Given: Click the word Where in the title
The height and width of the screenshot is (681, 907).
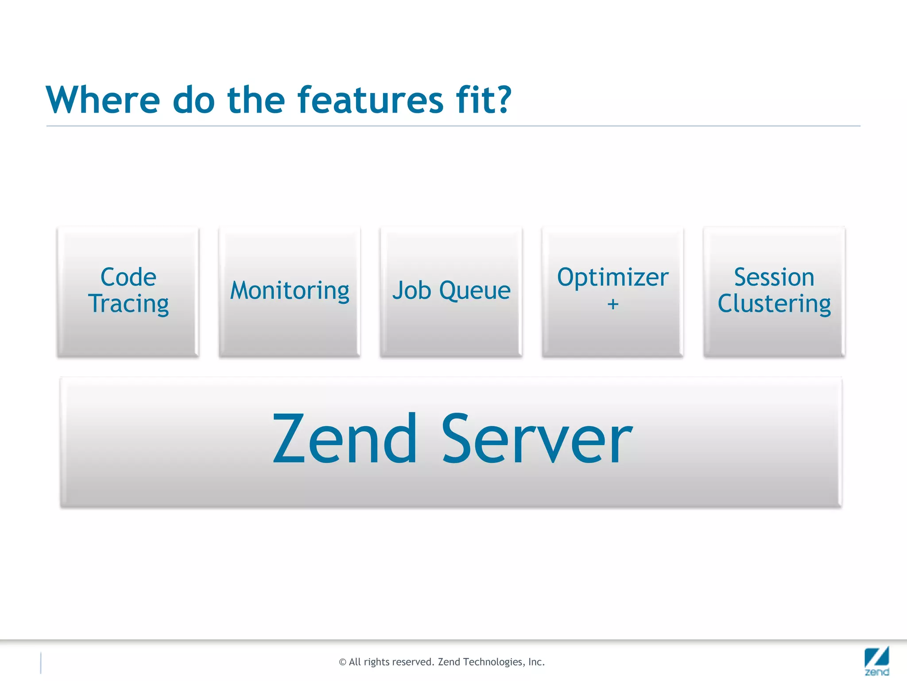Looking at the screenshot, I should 103,100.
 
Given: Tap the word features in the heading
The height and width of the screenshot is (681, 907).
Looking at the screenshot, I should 370,100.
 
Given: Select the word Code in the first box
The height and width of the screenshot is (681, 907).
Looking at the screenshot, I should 128,278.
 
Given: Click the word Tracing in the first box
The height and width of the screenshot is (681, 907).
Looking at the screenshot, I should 128,304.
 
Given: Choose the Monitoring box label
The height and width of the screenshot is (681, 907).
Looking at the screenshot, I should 290,291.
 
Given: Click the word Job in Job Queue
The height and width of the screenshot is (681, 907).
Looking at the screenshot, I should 412,291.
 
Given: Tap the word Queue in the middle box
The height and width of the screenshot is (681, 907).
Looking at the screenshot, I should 475,291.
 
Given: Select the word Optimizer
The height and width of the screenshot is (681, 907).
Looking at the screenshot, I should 612,278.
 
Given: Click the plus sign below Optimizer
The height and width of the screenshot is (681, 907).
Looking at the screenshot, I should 612,305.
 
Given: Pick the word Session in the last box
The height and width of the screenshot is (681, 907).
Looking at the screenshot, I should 774,278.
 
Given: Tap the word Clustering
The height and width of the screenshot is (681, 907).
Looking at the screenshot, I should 774,304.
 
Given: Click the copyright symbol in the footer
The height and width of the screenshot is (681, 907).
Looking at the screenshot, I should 342,662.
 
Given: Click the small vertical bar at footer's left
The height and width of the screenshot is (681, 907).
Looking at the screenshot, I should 41,663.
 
